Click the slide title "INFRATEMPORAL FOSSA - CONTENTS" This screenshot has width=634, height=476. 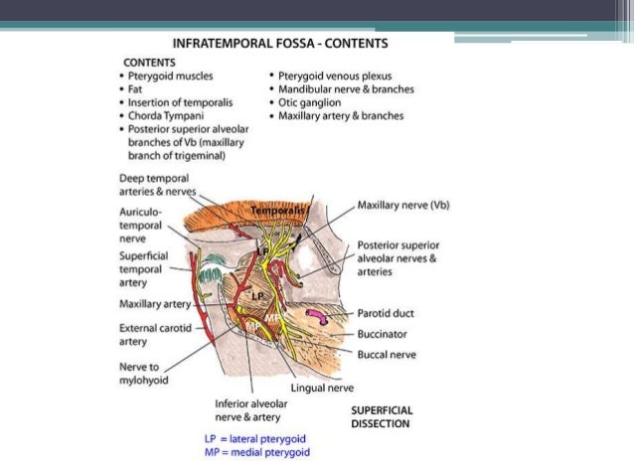tap(280, 44)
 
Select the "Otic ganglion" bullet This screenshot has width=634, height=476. tap(309, 102)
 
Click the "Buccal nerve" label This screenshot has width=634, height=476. tap(389, 353)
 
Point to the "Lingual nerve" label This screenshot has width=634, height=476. tap(323, 388)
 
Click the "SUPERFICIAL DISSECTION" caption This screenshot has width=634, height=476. tap(382, 416)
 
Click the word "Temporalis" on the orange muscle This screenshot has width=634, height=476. tap(274, 212)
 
